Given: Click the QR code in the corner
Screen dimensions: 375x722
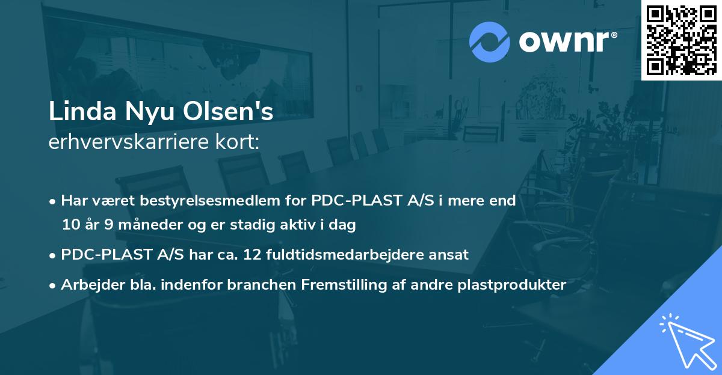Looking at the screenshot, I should (681, 40).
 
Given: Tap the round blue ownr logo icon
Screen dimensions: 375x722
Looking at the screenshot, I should (490, 42).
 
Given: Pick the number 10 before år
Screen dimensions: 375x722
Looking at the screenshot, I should (70, 225).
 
